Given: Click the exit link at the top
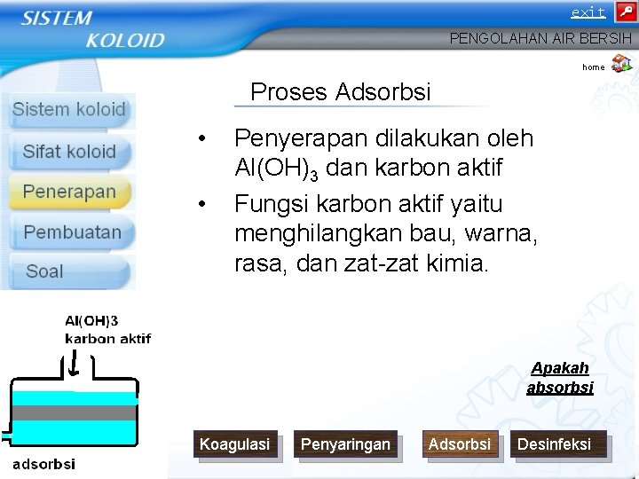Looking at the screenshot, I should pos(588,12).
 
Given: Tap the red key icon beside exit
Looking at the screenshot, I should pos(625,12).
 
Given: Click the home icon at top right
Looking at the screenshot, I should pos(621,63).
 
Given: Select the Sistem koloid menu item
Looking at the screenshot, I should pos(69,110).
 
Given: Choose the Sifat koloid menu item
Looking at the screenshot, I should pos(69,151).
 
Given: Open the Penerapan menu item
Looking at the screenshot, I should pos(69,192).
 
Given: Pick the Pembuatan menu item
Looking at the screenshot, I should pos(72,232).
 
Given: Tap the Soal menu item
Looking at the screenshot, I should pos(44,271).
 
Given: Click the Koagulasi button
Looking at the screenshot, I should pos(234,444).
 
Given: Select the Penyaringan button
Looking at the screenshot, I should pos(345,444).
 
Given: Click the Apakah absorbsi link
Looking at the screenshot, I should pos(559,378).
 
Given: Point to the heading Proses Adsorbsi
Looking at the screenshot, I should pos(340,92).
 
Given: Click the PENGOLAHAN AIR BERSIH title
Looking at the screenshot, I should pos(540,39).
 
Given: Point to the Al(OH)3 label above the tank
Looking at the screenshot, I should pos(91,321).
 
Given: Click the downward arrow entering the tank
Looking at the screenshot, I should pos(75,364).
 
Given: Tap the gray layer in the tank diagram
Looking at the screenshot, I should pos(75,412).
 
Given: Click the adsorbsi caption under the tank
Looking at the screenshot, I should pos(43,464).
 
